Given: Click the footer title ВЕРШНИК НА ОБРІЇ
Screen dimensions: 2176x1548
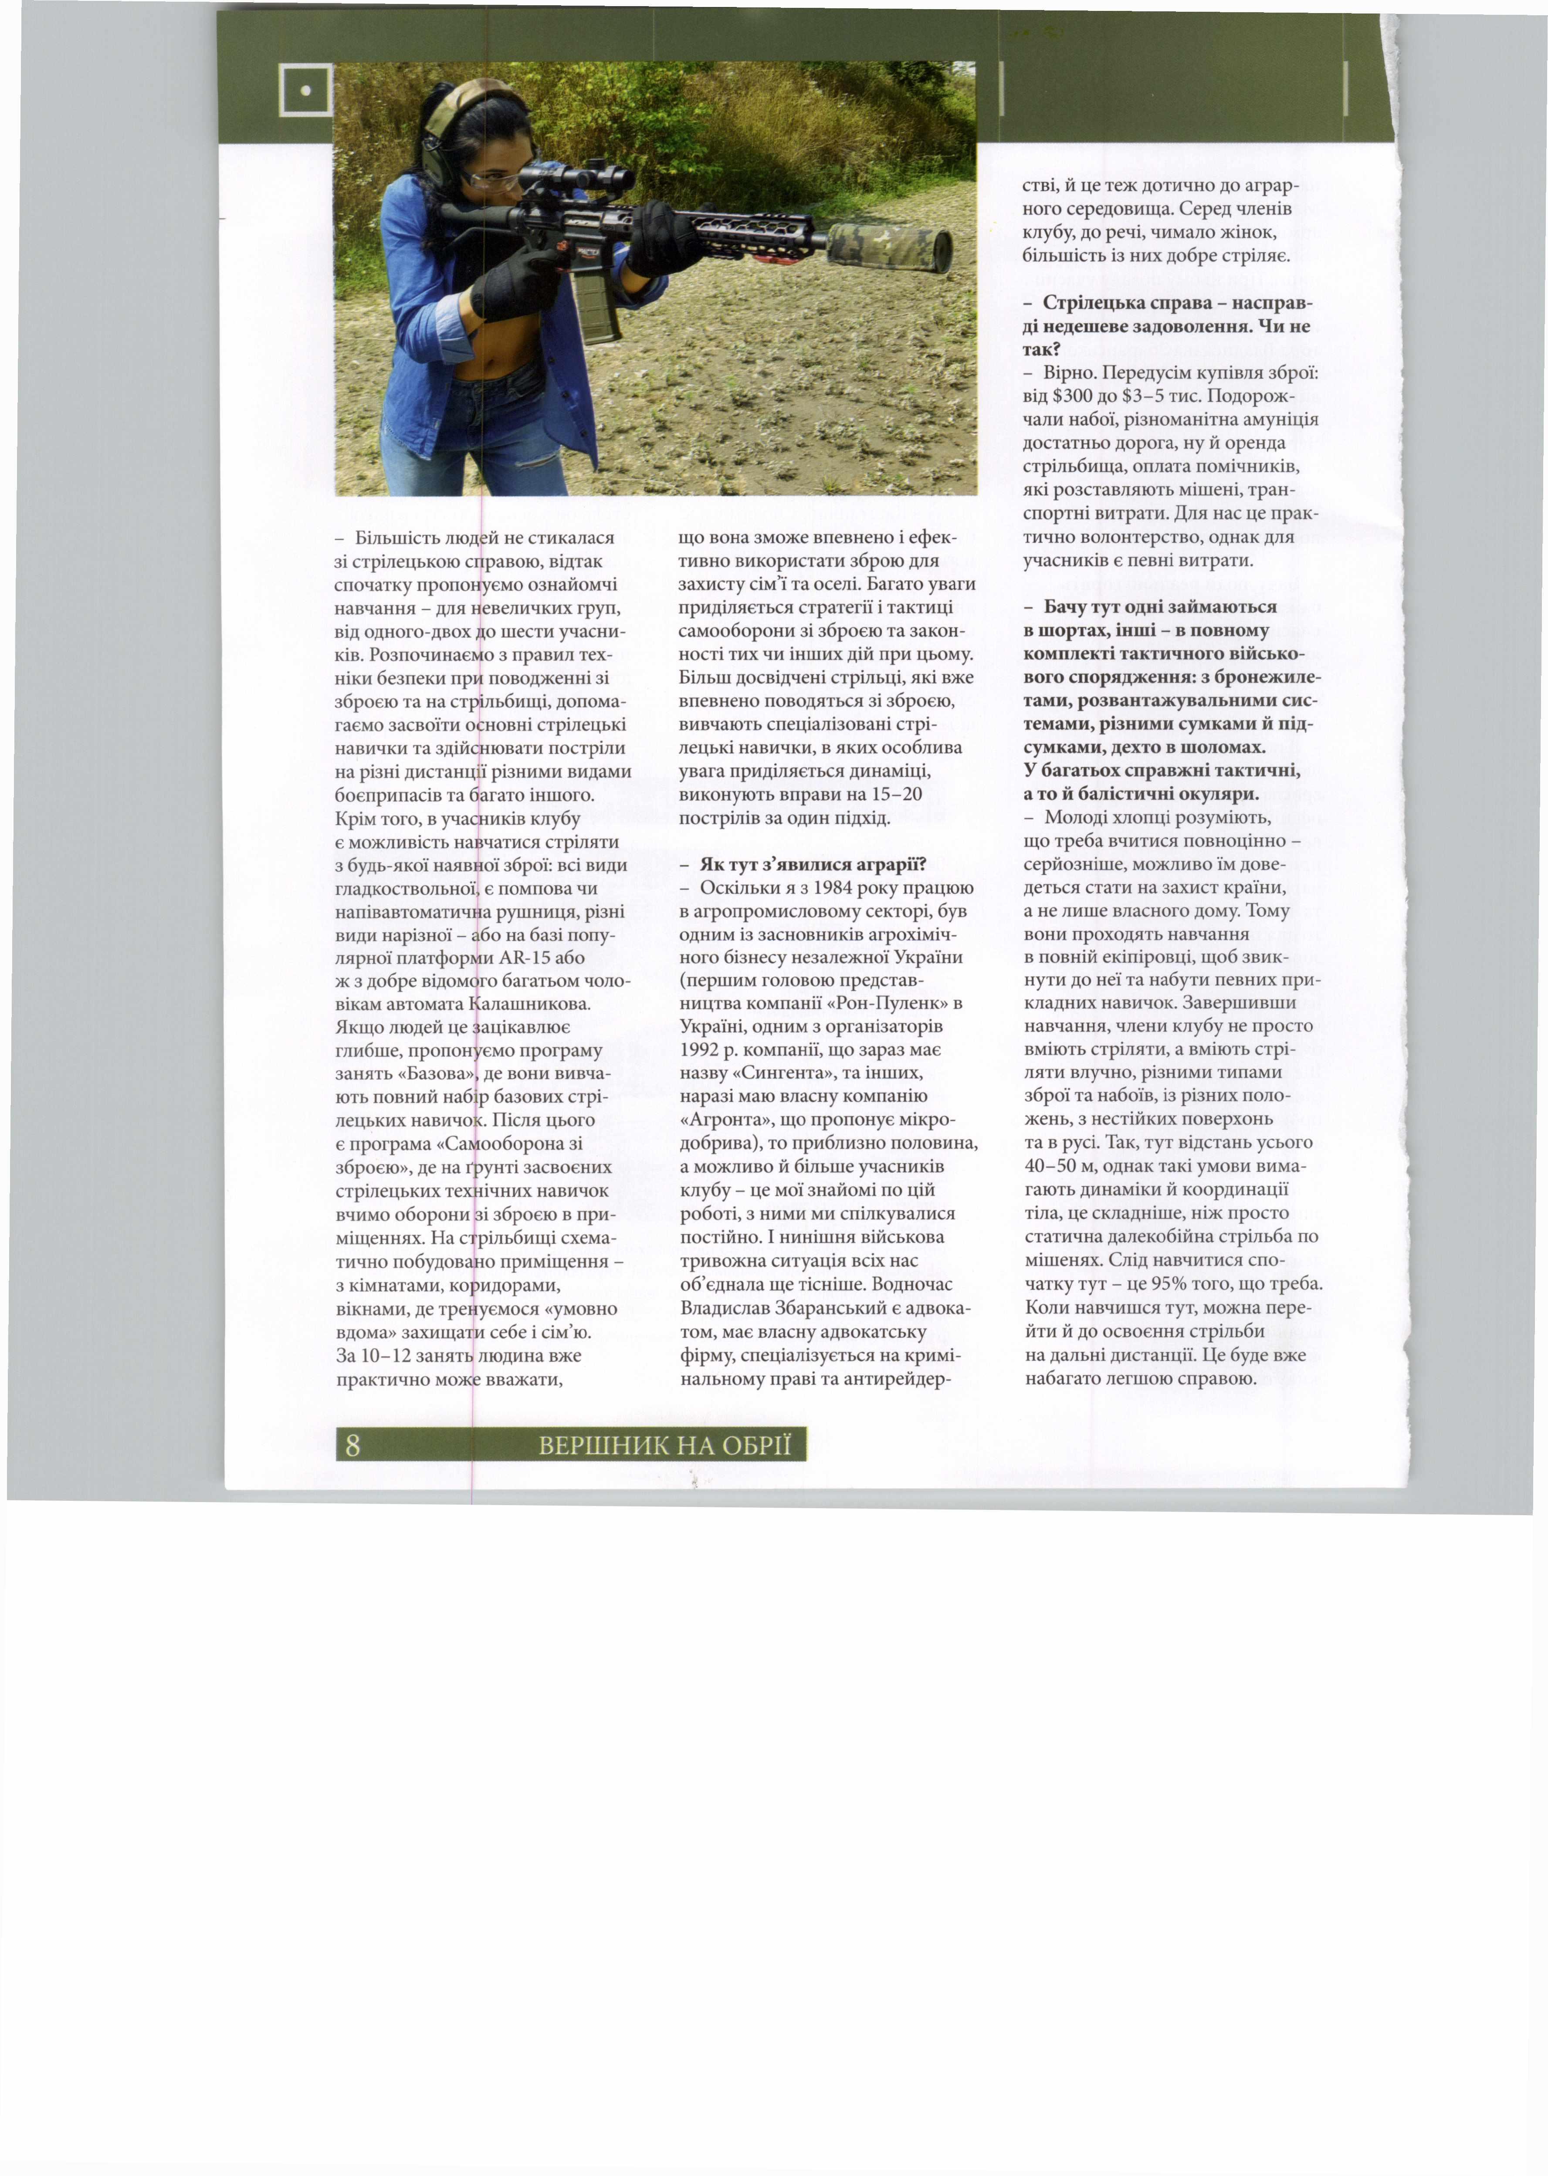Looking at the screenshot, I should click(x=664, y=1446).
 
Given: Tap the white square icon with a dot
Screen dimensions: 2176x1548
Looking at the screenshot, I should click(x=305, y=91).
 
